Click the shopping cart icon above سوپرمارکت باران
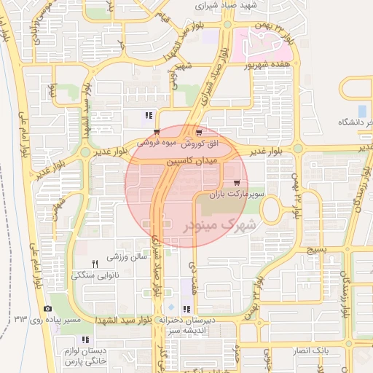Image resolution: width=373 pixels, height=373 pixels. tap(236, 182)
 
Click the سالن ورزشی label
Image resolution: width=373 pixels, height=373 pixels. tap(127, 256)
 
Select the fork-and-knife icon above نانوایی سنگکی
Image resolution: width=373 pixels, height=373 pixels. tap(94, 263)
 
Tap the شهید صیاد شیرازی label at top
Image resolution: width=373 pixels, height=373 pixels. tap(227, 5)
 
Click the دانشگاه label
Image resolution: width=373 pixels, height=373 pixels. tap(351, 122)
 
